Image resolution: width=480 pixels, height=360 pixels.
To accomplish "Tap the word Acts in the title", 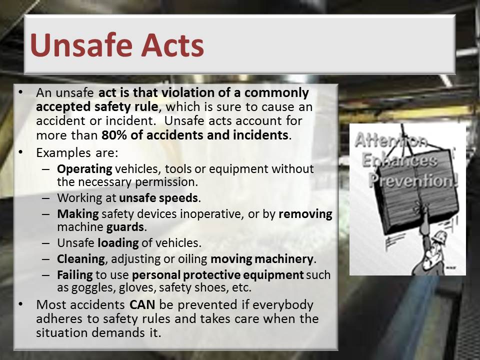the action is [172, 45].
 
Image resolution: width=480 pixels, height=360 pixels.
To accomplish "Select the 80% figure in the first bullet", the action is [114, 135].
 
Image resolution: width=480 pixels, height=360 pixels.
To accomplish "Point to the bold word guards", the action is [125, 227].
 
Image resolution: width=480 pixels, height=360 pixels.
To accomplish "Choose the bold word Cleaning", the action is [81, 259].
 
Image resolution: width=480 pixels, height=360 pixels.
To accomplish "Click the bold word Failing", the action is [74, 275].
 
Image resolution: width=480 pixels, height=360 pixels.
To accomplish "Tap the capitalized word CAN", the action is [142, 305].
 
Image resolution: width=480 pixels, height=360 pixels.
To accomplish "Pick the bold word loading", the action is [118, 243].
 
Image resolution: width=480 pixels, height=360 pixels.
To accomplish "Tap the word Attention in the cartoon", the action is [391, 140].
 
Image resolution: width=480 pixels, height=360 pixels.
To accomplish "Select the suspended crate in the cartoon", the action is [415, 190].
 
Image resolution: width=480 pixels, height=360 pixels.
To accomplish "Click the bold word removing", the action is [305, 214].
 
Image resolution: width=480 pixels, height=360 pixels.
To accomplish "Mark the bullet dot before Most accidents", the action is [20, 304].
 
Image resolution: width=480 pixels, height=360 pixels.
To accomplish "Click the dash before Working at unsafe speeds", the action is [46, 198].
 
